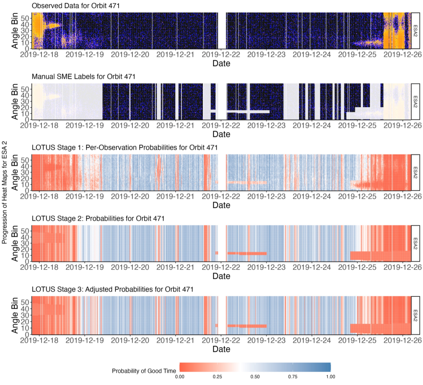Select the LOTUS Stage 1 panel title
[x=124, y=147]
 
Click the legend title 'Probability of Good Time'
[x=142, y=371]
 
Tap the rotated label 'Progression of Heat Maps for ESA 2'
[x=5, y=187]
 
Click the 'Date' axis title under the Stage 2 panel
[x=221, y=277]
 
